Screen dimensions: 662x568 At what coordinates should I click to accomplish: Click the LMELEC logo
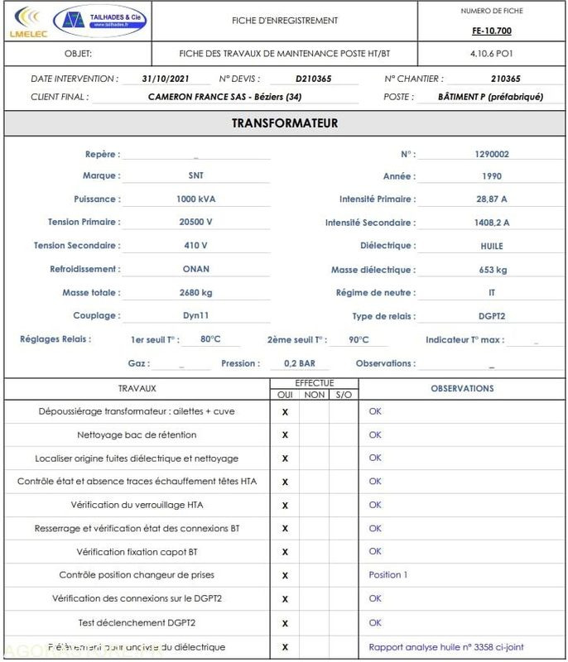tap(26, 22)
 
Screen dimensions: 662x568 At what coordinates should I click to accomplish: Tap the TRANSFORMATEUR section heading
tap(284, 123)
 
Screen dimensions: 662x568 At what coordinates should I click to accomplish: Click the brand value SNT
tap(195, 175)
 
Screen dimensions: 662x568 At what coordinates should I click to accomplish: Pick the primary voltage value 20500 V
tap(195, 222)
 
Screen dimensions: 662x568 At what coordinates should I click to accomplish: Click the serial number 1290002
tap(492, 154)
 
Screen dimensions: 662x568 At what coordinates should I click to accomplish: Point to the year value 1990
tap(492, 176)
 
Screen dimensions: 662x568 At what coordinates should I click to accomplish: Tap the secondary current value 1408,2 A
tap(492, 223)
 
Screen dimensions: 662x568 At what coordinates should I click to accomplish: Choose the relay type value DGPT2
tap(492, 316)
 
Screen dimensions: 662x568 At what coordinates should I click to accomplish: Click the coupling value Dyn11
tap(195, 315)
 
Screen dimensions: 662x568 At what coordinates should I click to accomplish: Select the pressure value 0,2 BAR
tap(300, 363)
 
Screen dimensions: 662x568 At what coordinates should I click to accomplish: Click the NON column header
tap(314, 395)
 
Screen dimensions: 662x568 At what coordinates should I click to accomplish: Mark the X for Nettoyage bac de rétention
tap(285, 434)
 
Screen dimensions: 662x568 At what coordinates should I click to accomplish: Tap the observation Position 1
tap(388, 574)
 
